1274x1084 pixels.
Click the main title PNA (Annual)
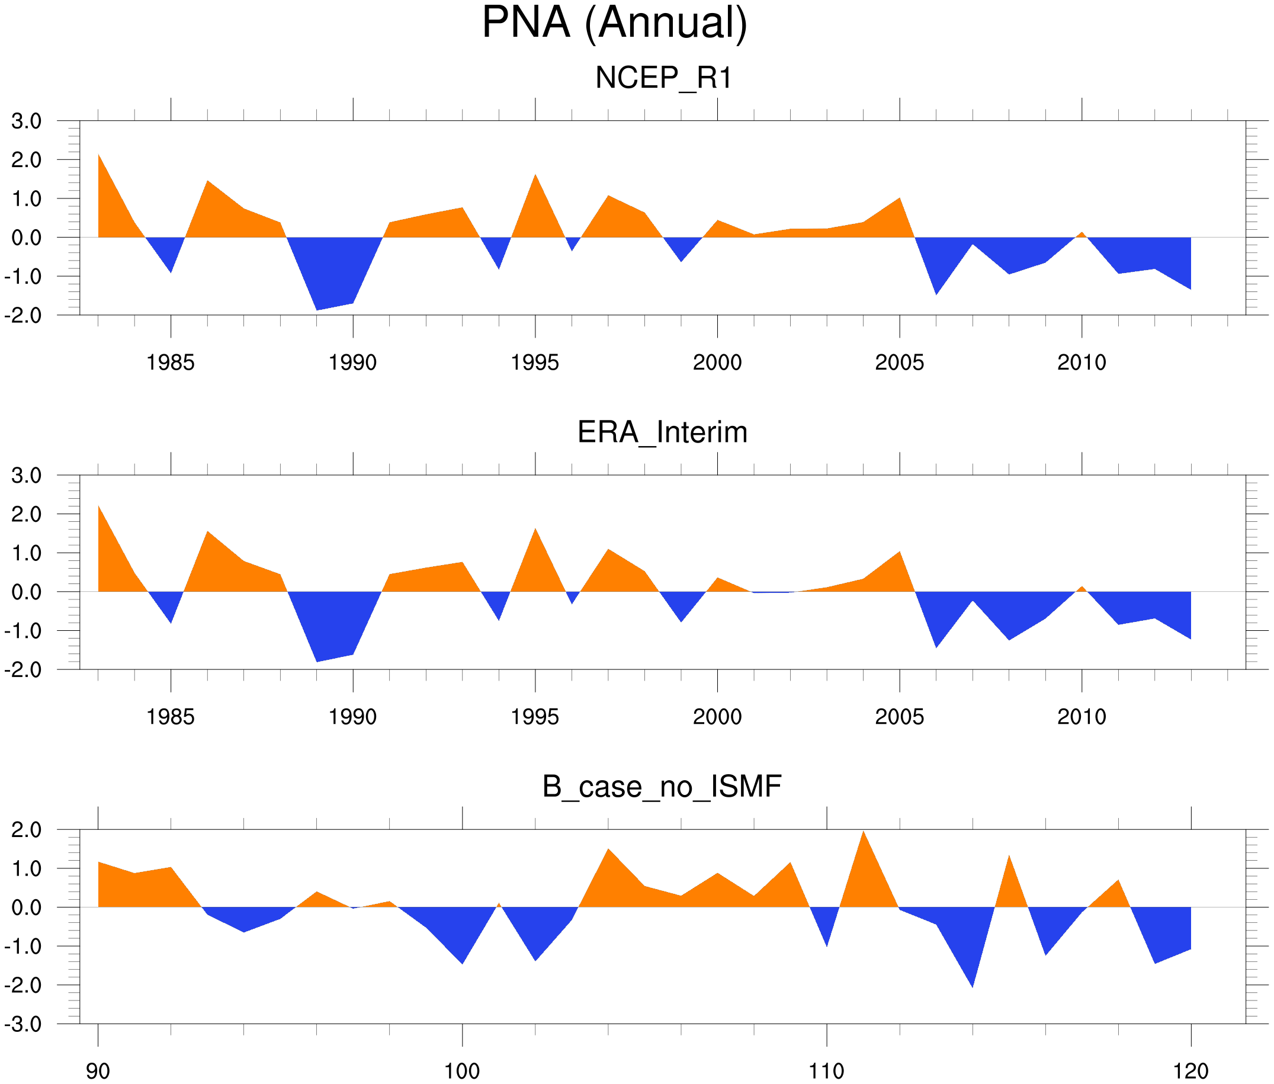614,23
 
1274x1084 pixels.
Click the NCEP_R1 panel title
663,78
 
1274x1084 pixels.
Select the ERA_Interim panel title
662,432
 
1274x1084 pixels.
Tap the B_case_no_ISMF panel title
662,787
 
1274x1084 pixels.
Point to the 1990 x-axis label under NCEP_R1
352,363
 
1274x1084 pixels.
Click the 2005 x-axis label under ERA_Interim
899,717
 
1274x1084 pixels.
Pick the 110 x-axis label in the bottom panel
826,1071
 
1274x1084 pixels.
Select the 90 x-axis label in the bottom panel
98,1071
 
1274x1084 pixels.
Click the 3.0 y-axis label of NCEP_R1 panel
27,121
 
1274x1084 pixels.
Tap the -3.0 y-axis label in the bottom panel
23,1024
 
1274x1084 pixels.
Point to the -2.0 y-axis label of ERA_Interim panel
23,670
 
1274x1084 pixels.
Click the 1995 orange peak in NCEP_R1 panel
535,184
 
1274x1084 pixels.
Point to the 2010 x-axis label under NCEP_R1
1081,363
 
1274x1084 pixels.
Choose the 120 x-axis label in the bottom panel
1190,1071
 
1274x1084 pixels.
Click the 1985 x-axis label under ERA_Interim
170,717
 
